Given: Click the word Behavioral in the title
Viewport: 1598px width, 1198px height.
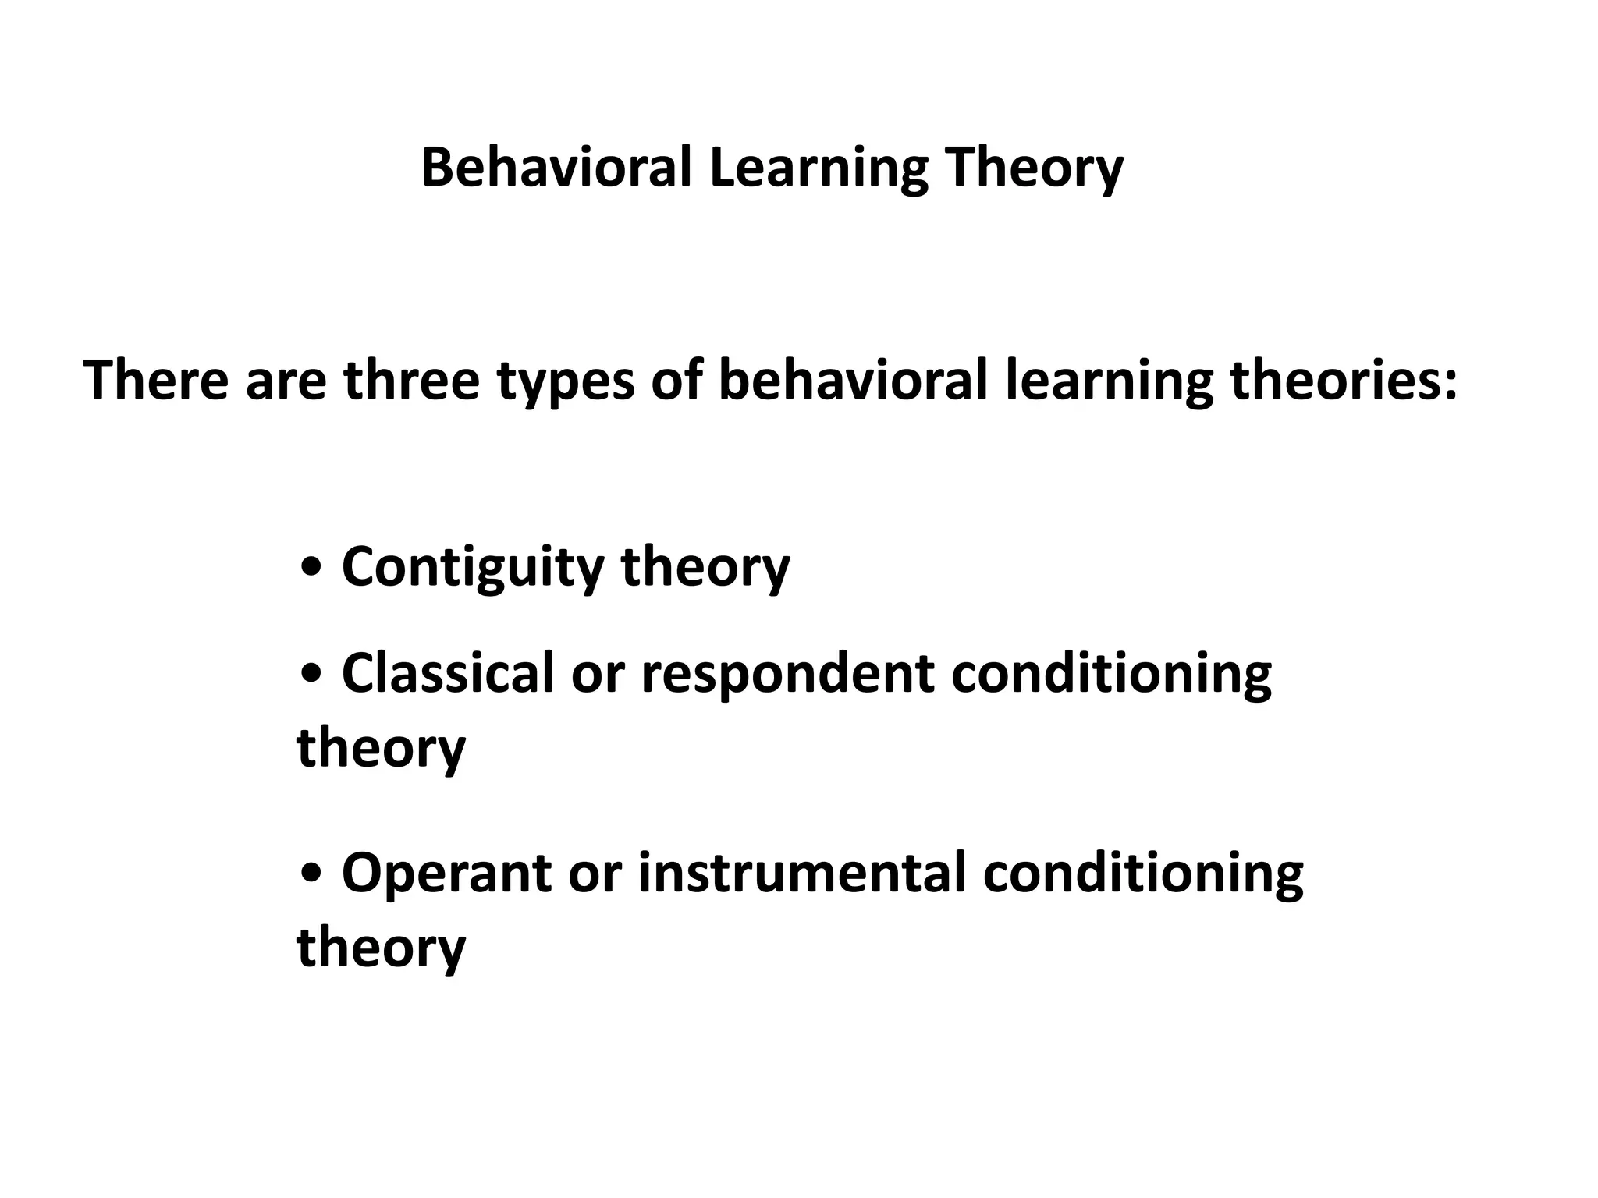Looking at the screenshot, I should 556,168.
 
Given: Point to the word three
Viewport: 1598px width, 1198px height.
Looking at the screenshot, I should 411,380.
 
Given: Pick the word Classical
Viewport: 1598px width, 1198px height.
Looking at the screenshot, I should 447,672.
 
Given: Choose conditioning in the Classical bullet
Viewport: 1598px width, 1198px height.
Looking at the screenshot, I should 1111,674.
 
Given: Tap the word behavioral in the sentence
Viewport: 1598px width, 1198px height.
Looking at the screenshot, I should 853,380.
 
